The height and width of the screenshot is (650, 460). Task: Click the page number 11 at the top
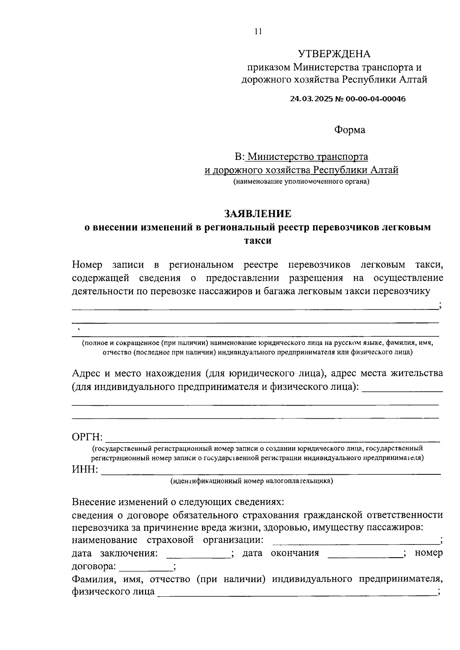point(258,32)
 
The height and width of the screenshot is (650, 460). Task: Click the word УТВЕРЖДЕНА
point(334,54)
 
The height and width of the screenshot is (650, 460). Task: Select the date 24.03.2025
point(312,99)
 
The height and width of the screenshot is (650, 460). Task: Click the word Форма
point(350,130)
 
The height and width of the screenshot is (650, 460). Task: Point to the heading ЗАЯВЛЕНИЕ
point(258,213)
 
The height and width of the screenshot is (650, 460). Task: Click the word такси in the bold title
point(258,240)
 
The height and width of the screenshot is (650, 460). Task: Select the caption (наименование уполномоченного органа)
point(301,182)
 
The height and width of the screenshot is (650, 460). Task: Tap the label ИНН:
point(85,469)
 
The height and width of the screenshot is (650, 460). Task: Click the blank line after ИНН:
point(270,472)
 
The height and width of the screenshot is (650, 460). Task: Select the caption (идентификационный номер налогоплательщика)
point(252,481)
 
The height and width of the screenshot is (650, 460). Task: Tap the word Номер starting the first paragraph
point(87,265)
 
